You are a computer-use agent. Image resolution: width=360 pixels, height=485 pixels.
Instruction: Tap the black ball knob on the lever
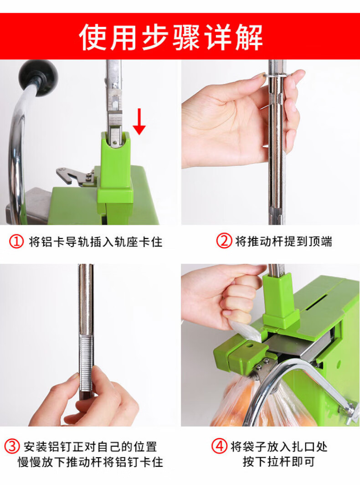38,77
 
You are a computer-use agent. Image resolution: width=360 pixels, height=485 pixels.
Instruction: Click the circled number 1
16,242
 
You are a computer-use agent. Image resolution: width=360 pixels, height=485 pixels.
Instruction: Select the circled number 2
224,241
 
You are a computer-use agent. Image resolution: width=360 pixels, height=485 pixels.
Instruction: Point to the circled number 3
12,447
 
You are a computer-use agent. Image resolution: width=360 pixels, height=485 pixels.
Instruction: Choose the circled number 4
219,446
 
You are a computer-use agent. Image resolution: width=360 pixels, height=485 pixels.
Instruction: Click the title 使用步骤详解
171,37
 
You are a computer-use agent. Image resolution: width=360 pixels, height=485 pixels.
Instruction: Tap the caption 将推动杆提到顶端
283,241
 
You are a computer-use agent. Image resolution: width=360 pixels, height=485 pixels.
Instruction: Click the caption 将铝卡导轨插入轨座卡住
96,242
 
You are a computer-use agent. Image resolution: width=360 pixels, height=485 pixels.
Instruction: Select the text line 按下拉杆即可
278,461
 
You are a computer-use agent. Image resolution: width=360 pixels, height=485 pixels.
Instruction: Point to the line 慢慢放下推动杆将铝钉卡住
90,462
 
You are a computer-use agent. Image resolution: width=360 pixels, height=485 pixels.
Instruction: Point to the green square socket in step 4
280,300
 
